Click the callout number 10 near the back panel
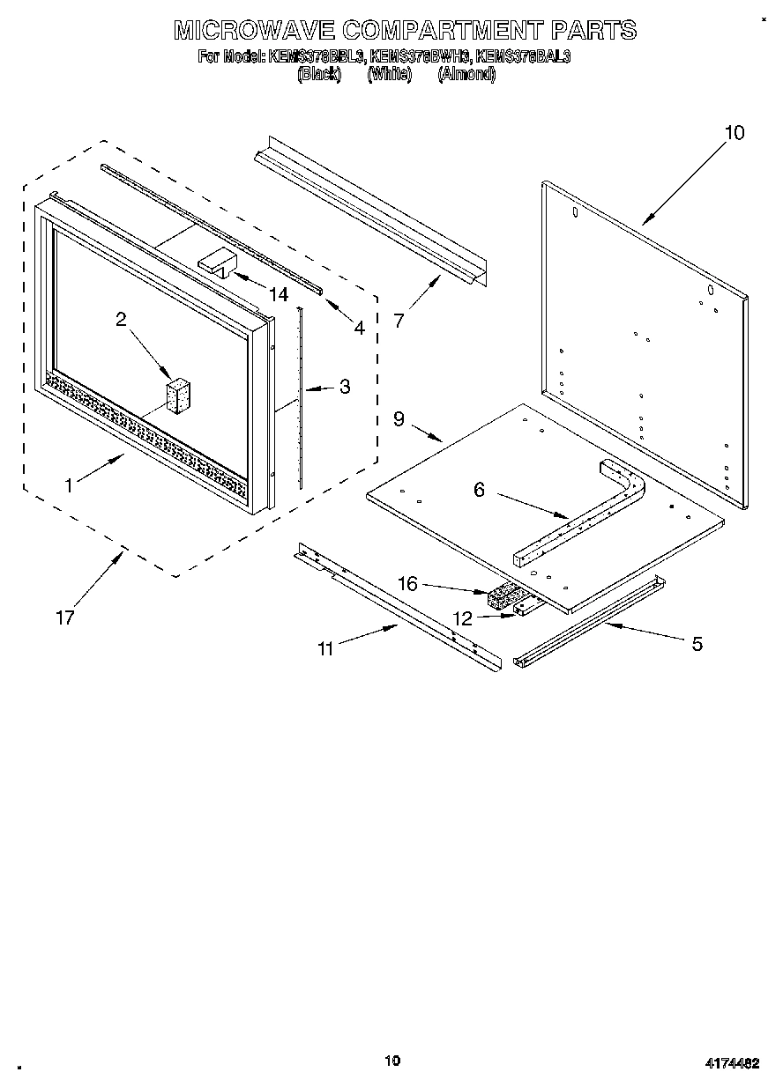tap(734, 133)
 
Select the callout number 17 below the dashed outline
tap(64, 617)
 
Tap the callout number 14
tap(279, 295)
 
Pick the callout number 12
tap(462, 619)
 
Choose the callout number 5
tap(697, 644)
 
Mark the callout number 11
tap(326, 649)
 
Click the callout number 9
tap(399, 419)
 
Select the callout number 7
tap(399, 321)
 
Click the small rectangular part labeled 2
tap(179, 396)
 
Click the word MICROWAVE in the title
tap(254, 31)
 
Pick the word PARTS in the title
tap(593, 31)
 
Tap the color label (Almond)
tap(466, 75)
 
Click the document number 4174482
tap(731, 1063)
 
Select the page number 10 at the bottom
tap(392, 1060)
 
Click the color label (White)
tap(389, 75)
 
